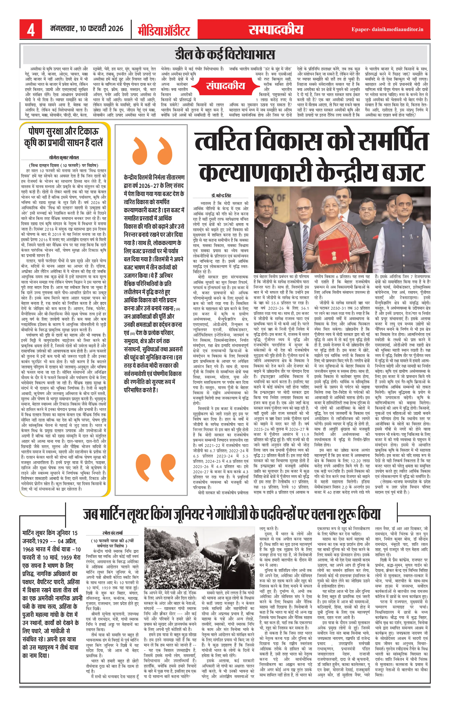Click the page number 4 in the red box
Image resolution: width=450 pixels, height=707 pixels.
coord(31,30)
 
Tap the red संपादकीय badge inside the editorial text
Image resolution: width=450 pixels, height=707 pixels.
coord(226,85)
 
